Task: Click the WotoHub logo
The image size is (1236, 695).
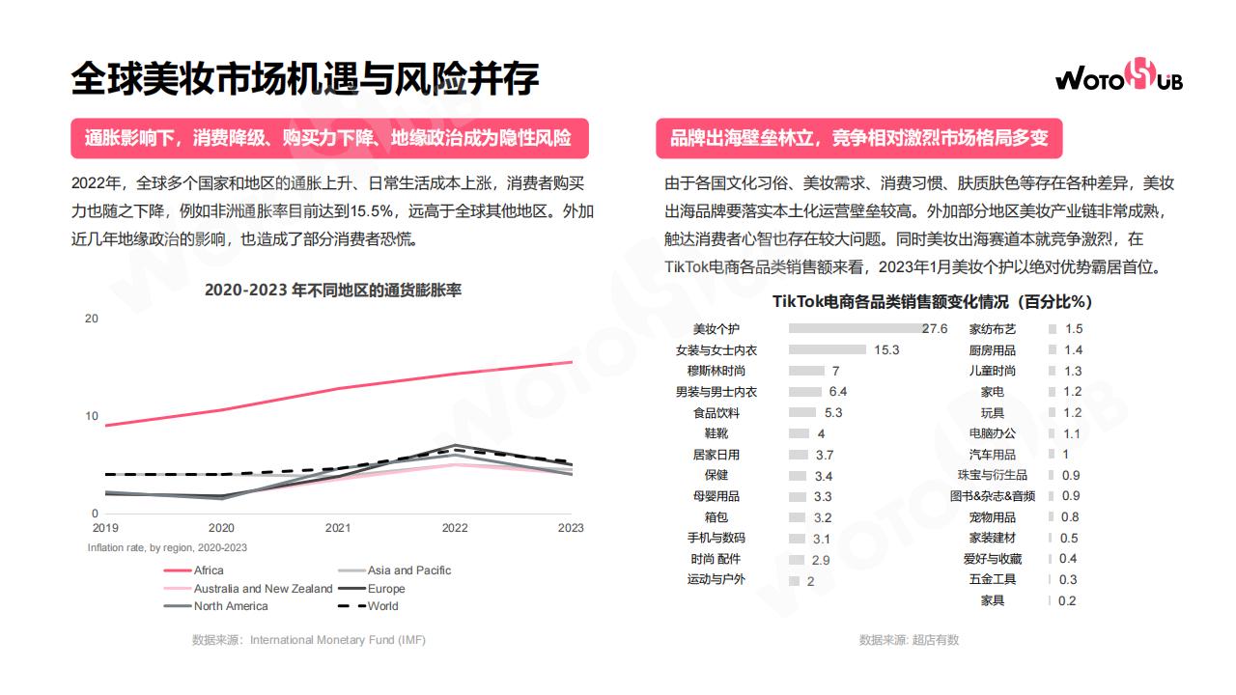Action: coord(1118,78)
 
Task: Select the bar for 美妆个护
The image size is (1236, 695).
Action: coord(855,329)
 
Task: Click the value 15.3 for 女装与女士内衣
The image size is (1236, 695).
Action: coord(886,350)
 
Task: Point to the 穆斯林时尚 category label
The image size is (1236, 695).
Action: coord(716,371)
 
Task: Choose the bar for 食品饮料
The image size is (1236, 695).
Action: coord(803,413)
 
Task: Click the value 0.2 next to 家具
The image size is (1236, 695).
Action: coord(1067,600)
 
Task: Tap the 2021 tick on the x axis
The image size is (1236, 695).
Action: coord(338,528)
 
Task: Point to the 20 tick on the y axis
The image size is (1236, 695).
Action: coord(92,318)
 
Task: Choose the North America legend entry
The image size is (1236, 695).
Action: coord(231,606)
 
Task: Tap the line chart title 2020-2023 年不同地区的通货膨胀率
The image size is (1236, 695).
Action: coord(333,290)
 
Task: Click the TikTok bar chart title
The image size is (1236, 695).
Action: coord(932,301)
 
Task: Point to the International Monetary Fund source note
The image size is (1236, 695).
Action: coord(309,640)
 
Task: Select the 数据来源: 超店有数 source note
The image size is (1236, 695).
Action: coord(909,640)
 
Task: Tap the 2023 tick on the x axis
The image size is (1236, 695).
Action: coord(571,528)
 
